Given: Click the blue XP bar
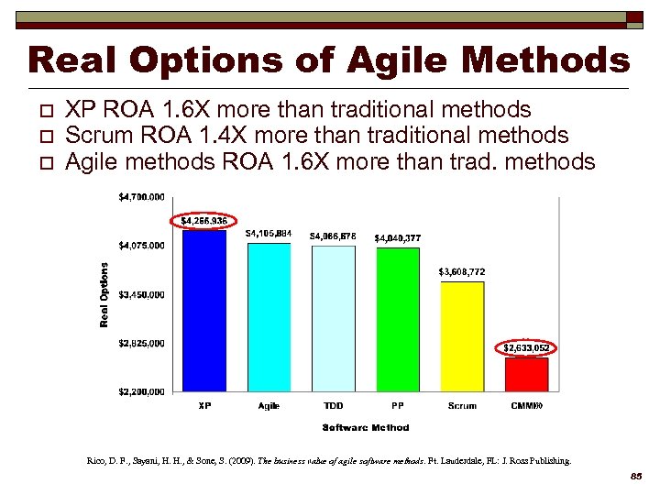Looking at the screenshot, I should [x=204, y=311].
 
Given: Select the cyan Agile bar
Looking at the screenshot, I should [x=269, y=317].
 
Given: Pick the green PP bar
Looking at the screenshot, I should [x=398, y=320].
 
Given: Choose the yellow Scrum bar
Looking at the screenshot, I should [x=462, y=336].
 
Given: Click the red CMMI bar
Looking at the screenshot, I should [x=526, y=374].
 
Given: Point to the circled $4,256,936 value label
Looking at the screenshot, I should [x=203, y=221].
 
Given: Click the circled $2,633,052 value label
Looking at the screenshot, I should [x=526, y=348].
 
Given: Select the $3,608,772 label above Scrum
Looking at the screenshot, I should [x=462, y=272].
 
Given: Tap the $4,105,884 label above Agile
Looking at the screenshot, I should [x=269, y=234].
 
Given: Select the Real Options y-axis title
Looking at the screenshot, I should [x=104, y=294].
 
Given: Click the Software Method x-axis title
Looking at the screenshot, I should [x=366, y=427].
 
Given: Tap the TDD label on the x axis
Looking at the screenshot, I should [x=333, y=405].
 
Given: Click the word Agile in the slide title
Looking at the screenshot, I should [x=401, y=61].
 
